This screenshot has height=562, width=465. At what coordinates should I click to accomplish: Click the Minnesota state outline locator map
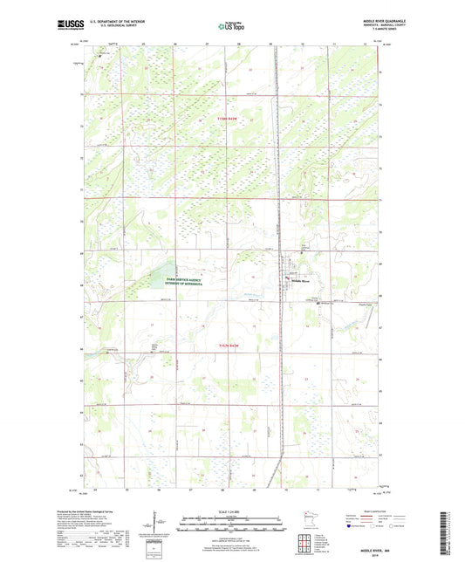(x=304, y=521)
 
